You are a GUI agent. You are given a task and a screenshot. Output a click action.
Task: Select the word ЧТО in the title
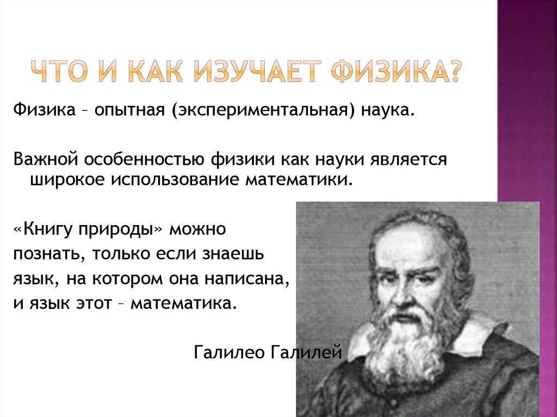click(x=60, y=73)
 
